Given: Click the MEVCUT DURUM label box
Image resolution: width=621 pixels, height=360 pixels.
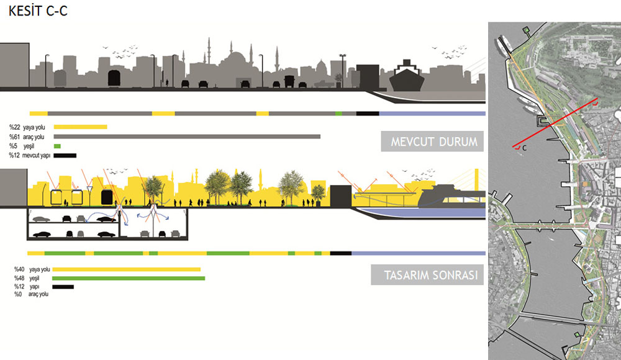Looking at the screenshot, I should coord(433,142).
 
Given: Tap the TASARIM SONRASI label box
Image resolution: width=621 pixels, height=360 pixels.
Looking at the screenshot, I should coord(427,275).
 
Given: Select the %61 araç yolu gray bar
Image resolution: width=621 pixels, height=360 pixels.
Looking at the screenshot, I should coord(187,137).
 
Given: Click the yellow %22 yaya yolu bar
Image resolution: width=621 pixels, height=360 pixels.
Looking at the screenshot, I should coord(80,127).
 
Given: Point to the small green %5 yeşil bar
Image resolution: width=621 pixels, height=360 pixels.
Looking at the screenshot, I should coord(57,146).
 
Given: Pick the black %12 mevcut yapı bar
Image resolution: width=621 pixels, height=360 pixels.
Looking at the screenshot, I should coord(65,155).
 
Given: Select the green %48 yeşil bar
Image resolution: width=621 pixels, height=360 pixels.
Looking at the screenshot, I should coord(129,278).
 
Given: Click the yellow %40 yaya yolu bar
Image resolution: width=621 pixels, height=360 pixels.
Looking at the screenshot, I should coord(126,269).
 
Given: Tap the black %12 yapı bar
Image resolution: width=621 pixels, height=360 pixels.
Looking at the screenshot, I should coord(63,287).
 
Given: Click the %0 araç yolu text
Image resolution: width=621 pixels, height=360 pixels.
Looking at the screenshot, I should coord(32,294).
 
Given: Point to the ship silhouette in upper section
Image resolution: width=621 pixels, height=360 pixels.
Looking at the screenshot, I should coord(407,78).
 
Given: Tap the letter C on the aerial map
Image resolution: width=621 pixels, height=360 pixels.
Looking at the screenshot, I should coord(525,148).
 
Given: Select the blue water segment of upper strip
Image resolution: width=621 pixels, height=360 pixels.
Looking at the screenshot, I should coord(432,114).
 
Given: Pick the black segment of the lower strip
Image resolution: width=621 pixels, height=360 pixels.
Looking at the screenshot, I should coord(340,253).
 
